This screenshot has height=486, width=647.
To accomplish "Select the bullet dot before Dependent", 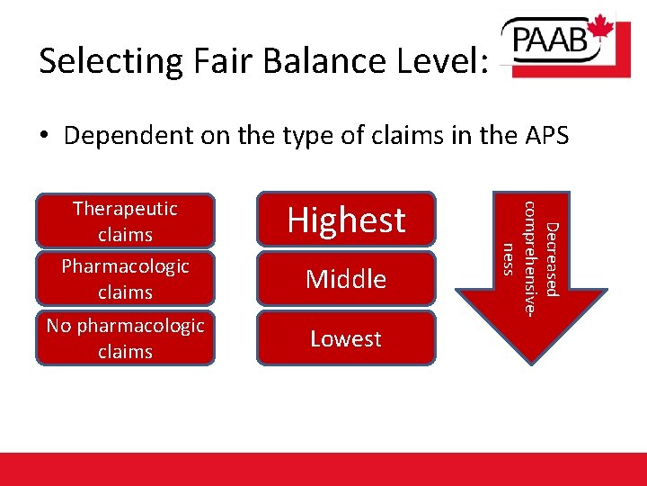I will click(x=44, y=137).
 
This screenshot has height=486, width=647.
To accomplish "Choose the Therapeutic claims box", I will click(x=125, y=220).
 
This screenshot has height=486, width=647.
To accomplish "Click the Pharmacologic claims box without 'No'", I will click(x=125, y=279).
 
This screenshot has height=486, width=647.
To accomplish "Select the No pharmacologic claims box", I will click(x=125, y=337).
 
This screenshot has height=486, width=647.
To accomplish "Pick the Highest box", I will click(x=346, y=220).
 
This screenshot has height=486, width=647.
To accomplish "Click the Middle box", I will click(x=346, y=279).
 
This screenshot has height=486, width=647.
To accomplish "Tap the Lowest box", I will click(x=346, y=338).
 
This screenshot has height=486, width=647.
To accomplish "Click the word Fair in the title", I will click(x=211, y=61).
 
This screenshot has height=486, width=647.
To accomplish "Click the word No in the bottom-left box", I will click(x=59, y=326).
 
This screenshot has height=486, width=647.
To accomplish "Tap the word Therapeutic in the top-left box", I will click(x=125, y=209).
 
